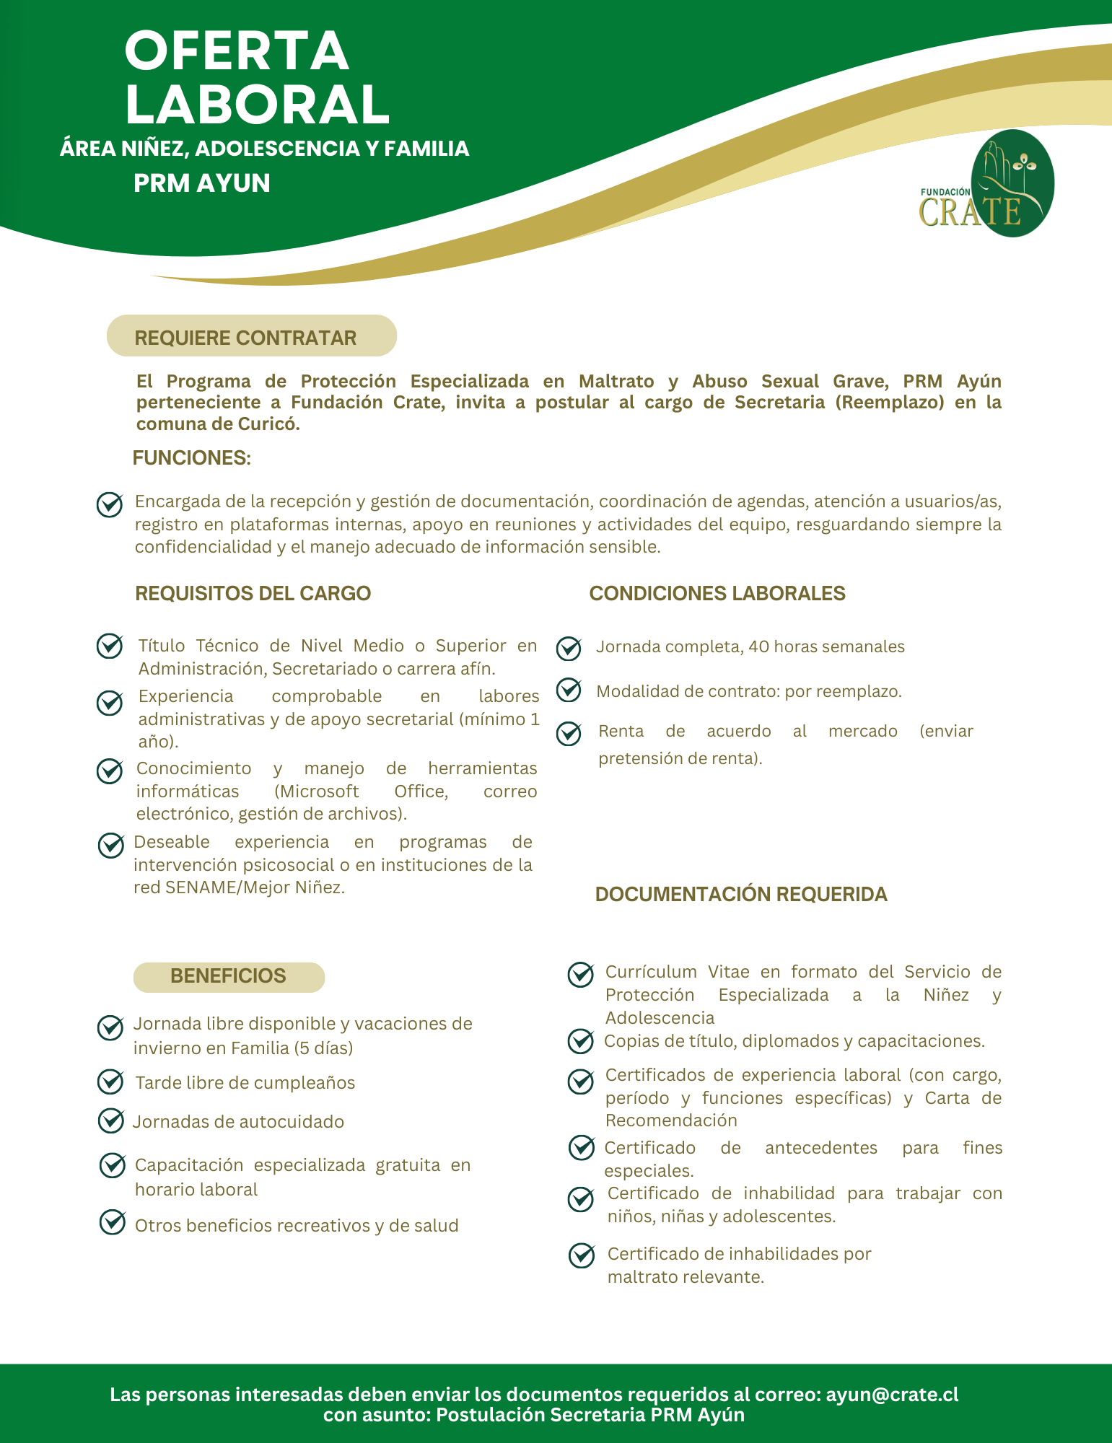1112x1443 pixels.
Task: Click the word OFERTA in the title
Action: pyautogui.click(x=237, y=51)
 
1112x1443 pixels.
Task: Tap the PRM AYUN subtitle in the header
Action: pyautogui.click(x=202, y=183)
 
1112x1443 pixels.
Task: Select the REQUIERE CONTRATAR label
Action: pyautogui.click(x=245, y=338)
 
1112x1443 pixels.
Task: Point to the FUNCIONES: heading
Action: pyautogui.click(x=191, y=458)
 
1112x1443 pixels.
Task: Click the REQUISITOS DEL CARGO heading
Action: pyautogui.click(x=253, y=594)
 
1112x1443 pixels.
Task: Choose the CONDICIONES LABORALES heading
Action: pyautogui.click(x=717, y=594)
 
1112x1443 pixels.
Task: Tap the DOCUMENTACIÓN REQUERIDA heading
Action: pyautogui.click(x=740, y=895)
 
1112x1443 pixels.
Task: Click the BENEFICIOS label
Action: pyautogui.click(x=228, y=976)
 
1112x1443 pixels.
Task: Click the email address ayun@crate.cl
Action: pyautogui.click(x=892, y=1394)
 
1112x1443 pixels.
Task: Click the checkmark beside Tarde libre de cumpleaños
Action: pyautogui.click(x=110, y=1082)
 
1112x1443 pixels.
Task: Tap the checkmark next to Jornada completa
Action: pyautogui.click(x=569, y=648)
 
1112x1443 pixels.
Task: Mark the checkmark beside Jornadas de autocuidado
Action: pyautogui.click(x=110, y=1120)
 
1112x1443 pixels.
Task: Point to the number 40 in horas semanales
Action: pyautogui.click(x=759, y=646)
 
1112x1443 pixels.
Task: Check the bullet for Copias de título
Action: pyautogui.click(x=581, y=1040)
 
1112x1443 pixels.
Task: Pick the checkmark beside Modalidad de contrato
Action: pyautogui.click(x=569, y=690)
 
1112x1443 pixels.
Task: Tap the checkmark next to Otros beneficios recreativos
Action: pyautogui.click(x=113, y=1222)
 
